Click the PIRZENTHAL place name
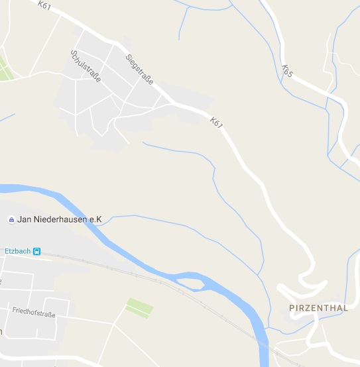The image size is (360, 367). (318, 308)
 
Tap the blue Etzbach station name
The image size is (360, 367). (17, 252)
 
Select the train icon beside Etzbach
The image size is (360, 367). (36, 252)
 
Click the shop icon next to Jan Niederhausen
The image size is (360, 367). (11, 219)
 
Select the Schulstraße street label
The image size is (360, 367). (85, 66)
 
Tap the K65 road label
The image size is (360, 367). (286, 71)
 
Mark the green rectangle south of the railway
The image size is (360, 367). (139, 307)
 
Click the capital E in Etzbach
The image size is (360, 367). (7, 252)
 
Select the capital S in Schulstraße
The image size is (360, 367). (72, 52)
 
